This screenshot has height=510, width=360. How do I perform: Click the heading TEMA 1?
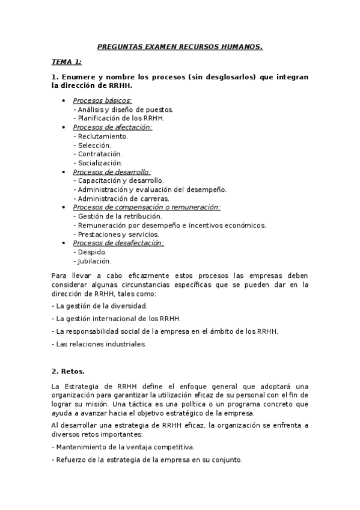click(66, 61)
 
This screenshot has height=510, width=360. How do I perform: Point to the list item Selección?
click(92, 145)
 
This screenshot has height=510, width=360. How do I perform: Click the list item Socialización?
click(97, 163)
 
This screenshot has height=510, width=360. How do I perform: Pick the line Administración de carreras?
click(121, 198)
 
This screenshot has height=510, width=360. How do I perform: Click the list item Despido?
click(90, 252)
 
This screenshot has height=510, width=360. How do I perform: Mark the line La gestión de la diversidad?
click(100, 306)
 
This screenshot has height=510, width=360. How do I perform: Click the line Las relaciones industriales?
click(99, 344)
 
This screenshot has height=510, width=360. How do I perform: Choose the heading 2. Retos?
click(69, 372)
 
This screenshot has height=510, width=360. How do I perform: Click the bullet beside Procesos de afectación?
click(64, 127)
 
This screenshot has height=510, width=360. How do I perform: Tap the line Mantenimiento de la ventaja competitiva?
click(123, 447)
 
